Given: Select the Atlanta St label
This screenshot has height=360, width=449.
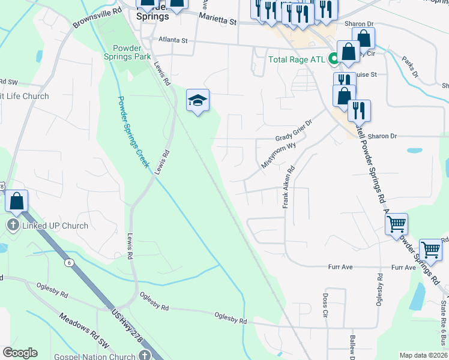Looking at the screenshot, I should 173,41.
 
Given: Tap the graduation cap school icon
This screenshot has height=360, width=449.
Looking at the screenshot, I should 197,100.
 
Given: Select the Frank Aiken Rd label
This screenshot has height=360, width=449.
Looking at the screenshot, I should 289,187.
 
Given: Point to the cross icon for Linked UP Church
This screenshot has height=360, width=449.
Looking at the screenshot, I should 12,226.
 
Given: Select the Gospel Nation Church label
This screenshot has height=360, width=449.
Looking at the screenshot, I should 100,355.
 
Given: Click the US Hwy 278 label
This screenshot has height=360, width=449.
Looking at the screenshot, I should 128,326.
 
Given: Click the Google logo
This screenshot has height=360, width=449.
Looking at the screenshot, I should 20,353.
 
